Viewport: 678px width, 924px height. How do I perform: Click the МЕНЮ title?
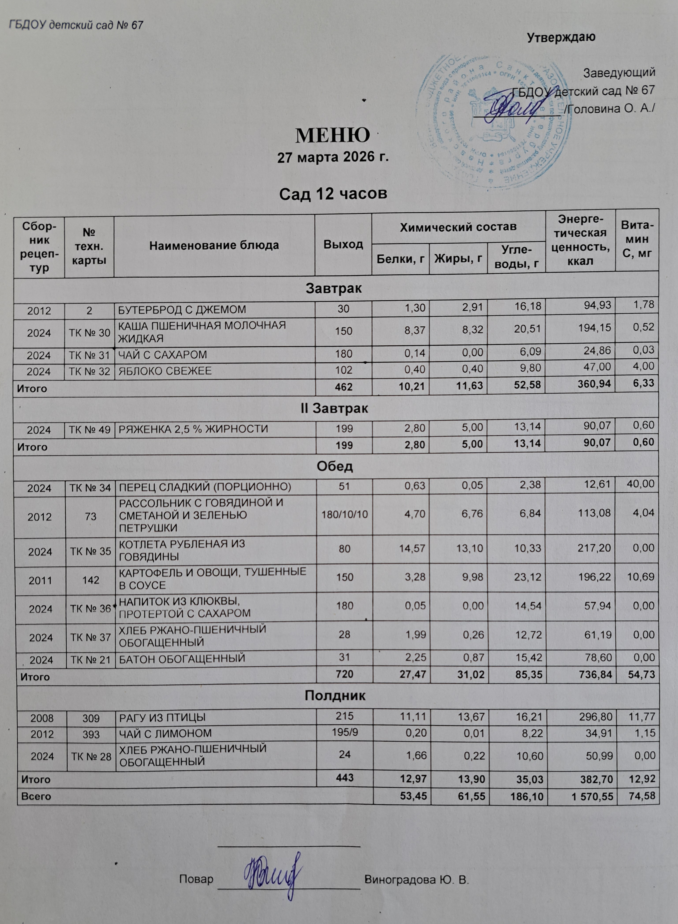coord(332,135)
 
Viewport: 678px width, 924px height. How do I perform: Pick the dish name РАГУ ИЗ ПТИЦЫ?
coord(162,718)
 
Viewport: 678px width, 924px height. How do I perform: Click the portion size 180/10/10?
coord(344,513)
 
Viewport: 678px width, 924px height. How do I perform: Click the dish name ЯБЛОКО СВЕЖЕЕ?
coord(165,371)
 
